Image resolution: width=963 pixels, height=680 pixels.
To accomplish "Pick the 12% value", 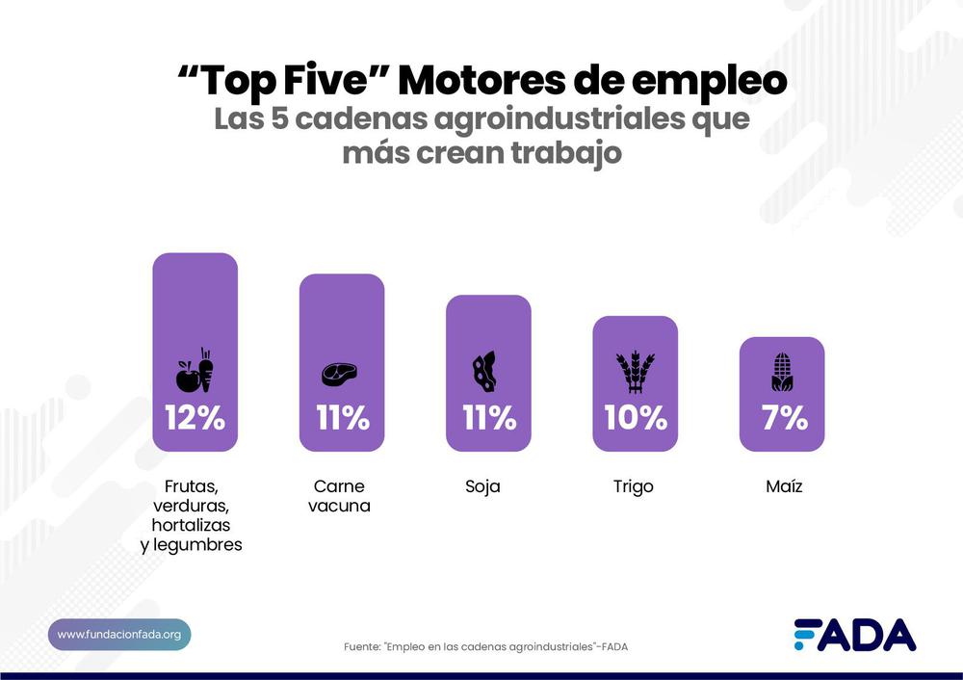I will [x=195, y=418].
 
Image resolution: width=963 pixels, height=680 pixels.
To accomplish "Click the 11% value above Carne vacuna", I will [x=342, y=418].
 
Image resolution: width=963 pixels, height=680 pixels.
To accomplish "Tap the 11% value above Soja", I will [x=488, y=418].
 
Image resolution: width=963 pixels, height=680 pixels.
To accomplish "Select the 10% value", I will [x=635, y=418].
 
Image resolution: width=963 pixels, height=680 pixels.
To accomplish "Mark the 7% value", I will [x=782, y=418].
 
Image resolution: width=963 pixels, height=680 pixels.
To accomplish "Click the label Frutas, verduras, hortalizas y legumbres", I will [x=196, y=515].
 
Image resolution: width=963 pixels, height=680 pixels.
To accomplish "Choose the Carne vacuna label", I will [x=339, y=496].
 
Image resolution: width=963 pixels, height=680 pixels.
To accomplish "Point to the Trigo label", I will [x=633, y=486].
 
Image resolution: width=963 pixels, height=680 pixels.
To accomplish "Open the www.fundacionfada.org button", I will [x=119, y=634].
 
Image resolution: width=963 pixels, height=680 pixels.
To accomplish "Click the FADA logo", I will [x=854, y=635].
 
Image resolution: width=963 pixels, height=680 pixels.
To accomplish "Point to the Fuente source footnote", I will [x=485, y=646].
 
